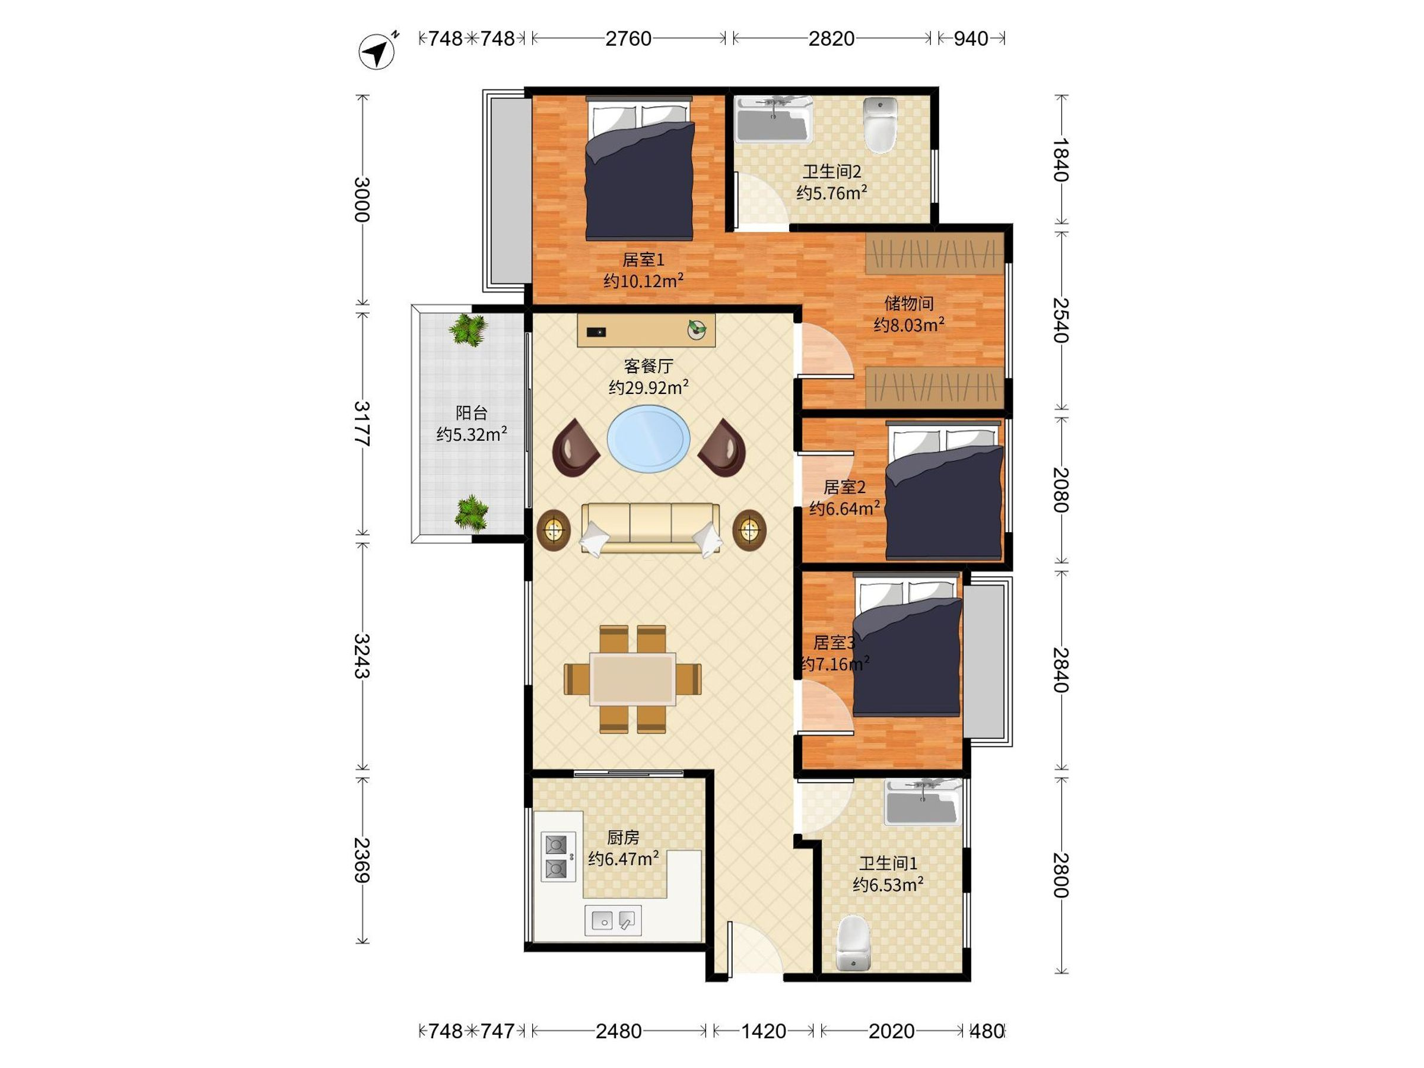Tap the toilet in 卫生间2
879,125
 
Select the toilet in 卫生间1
854,943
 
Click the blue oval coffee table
649,438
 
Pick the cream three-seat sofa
650,529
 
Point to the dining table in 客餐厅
633,679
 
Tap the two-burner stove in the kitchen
558,856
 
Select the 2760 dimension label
628,39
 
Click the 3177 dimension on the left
363,424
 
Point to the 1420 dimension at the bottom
764,1031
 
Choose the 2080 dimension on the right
1060,490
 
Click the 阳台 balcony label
471,412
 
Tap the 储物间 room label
908,303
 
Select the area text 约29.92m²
649,387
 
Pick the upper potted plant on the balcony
469,330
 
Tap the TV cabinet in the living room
646,331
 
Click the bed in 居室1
639,169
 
